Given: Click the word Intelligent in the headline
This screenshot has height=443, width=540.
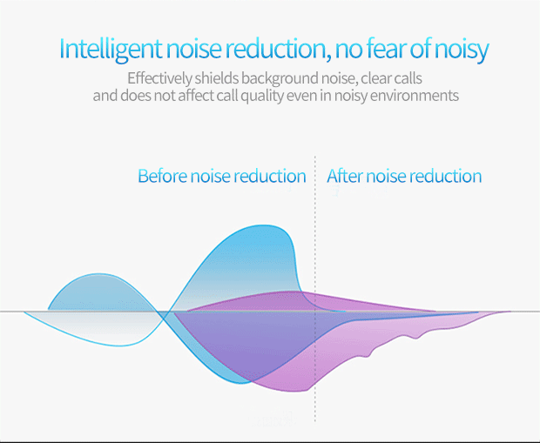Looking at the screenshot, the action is click(111, 50).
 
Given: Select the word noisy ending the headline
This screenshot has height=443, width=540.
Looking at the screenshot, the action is click(461, 50).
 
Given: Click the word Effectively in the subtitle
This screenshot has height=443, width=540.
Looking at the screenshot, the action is click(159, 78).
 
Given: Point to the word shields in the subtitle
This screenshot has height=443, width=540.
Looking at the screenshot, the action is click(217, 78).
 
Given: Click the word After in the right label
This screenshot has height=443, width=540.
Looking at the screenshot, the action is click(345, 176).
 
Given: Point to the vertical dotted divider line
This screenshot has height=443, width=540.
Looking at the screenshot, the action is click(314, 288).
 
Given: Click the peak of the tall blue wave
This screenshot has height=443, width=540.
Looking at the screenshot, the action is click(262, 225).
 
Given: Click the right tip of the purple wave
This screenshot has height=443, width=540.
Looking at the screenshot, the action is click(510, 312).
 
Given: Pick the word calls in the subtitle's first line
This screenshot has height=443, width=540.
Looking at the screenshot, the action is click(408, 78).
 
